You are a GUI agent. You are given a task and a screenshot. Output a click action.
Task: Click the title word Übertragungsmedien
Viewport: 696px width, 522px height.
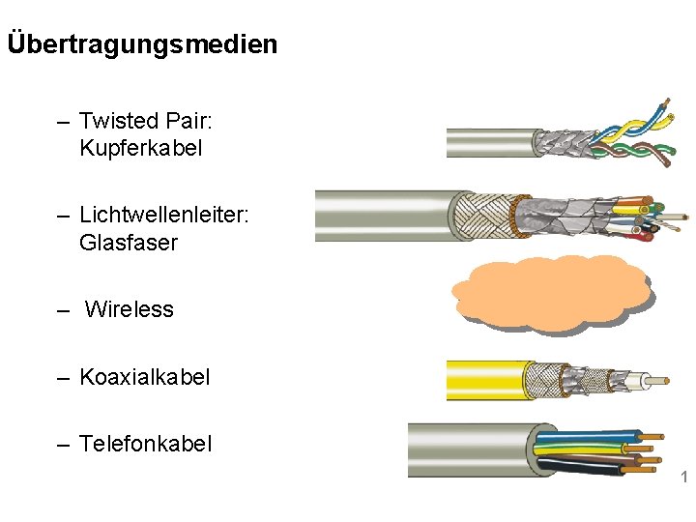pyautogui.click(x=142, y=44)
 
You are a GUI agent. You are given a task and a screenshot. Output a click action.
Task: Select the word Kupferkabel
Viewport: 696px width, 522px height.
pyautogui.click(x=140, y=149)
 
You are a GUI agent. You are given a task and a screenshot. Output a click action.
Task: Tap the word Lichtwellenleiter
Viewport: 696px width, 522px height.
pyautogui.click(x=162, y=214)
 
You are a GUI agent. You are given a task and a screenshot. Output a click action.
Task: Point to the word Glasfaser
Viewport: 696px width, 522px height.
pyautogui.click(x=128, y=242)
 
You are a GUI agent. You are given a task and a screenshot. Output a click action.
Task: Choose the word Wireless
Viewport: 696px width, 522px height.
pyautogui.click(x=129, y=309)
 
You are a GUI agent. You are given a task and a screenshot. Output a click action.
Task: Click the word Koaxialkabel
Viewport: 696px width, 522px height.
pyautogui.click(x=144, y=376)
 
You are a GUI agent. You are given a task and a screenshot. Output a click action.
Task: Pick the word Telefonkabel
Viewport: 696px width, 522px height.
pyautogui.click(x=145, y=444)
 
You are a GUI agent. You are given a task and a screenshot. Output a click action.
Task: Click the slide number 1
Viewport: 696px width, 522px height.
pyautogui.click(x=683, y=478)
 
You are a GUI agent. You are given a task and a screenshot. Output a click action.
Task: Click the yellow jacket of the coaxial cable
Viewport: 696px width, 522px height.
pyautogui.click(x=488, y=380)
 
